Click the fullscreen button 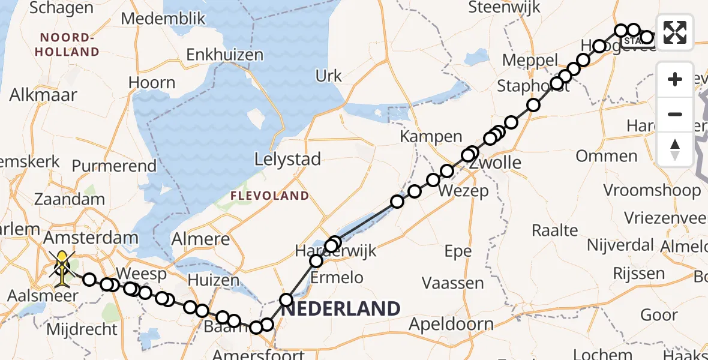click(675, 32)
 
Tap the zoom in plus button click(675, 79)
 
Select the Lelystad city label click(287, 160)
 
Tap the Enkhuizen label click(225, 55)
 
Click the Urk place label click(329, 76)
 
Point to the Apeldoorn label click(451, 325)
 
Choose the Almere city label click(200, 239)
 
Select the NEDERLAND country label click(341, 309)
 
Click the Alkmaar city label click(44, 95)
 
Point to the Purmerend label click(114, 166)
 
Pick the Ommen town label click(607, 157)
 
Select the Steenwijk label click(505, 7)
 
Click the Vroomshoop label click(652, 191)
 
